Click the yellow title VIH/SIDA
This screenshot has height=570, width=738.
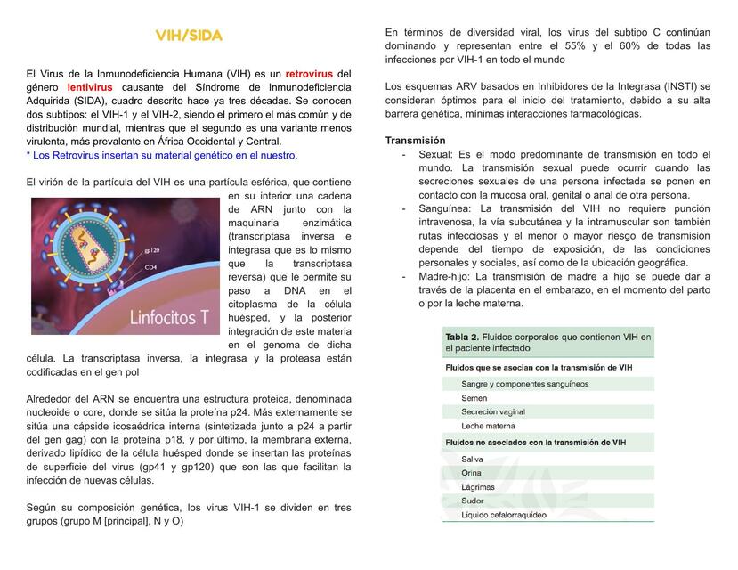pyautogui.click(x=189, y=36)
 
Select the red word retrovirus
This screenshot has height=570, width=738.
pyautogui.click(x=311, y=73)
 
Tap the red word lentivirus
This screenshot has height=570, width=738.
pyautogui.click(x=90, y=87)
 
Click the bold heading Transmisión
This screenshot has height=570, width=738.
pyautogui.click(x=415, y=141)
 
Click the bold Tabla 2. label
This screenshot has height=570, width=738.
pyautogui.click(x=462, y=338)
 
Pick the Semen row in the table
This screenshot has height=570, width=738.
pyautogui.click(x=474, y=398)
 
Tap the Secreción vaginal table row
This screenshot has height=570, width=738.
pyautogui.click(x=494, y=412)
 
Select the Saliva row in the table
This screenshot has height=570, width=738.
pyautogui.click(x=474, y=459)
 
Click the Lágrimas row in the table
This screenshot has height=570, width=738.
pyautogui.click(x=478, y=487)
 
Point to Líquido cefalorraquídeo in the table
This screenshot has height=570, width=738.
pyautogui.click(x=504, y=515)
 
